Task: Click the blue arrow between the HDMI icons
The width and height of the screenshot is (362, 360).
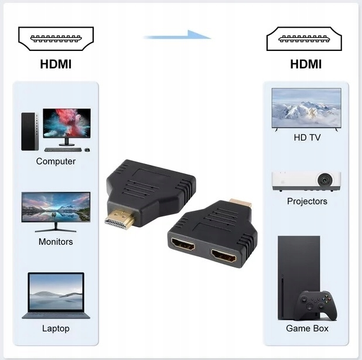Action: click(x=177, y=36)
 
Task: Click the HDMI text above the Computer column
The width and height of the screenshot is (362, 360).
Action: click(x=56, y=64)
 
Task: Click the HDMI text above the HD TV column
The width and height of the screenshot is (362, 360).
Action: click(x=306, y=64)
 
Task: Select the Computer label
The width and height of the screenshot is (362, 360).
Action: click(x=56, y=161)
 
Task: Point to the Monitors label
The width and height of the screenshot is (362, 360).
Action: click(x=56, y=242)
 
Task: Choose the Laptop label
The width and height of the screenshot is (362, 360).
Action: click(x=56, y=328)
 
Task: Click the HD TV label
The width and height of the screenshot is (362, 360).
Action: click(x=307, y=138)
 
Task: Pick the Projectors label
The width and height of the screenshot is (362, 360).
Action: click(x=307, y=201)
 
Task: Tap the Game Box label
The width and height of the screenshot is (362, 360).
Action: click(x=307, y=328)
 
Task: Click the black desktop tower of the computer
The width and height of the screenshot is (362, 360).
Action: click(x=28, y=130)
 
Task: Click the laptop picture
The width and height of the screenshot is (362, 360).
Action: click(x=56, y=296)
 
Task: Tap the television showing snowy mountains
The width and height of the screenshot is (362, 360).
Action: click(x=306, y=108)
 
